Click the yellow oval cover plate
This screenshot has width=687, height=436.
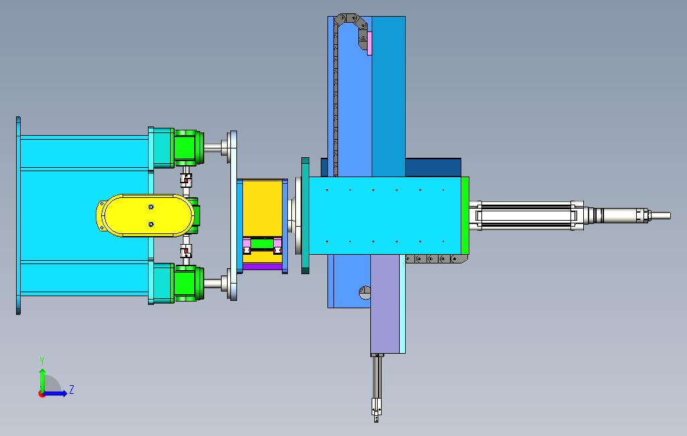145,215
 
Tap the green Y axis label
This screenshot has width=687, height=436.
42,360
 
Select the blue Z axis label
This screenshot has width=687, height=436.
71,389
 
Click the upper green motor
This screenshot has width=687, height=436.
189,147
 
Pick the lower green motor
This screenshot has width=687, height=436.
189,284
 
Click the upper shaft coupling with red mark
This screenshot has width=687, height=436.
185,179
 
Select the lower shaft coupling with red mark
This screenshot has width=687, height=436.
185,251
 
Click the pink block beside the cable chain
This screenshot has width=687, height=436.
370,43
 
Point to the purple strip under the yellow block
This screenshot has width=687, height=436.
262,267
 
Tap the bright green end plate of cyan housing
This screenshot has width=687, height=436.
465,215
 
